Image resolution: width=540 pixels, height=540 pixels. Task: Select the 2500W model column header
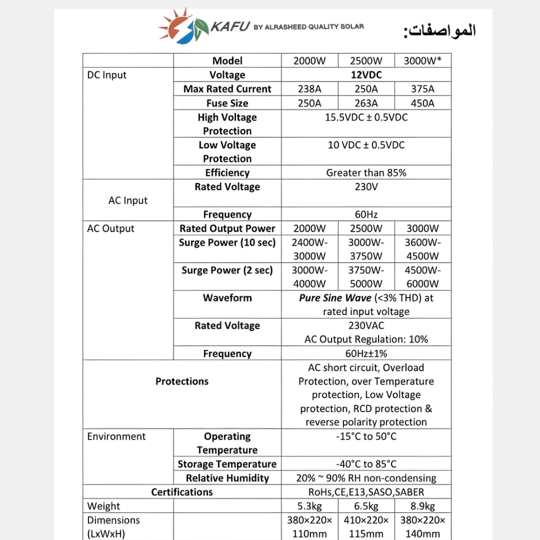pyautogui.click(x=366, y=61)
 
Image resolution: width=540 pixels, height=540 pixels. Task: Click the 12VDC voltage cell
pyautogui.click(x=366, y=75)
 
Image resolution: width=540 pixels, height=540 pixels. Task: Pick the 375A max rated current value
pyautogui.click(x=423, y=89)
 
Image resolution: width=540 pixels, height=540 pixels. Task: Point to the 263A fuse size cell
pyautogui.click(x=366, y=103)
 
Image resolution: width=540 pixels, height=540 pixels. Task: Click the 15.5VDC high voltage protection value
pyautogui.click(x=366, y=118)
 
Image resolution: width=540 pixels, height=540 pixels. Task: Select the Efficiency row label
pyautogui.click(x=227, y=173)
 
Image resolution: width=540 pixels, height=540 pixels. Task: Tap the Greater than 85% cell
pyautogui.click(x=366, y=173)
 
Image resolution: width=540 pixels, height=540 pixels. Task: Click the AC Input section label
pyautogui.click(x=128, y=201)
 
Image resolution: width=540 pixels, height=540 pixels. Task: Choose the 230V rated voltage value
pyautogui.click(x=366, y=187)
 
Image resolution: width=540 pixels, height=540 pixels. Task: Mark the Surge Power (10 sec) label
pyautogui.click(x=227, y=243)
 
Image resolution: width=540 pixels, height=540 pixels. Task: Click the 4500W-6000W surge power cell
pyautogui.click(x=423, y=277)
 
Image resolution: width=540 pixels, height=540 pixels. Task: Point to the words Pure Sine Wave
pyautogui.click(x=335, y=298)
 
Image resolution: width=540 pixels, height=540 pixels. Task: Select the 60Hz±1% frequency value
pyautogui.click(x=366, y=354)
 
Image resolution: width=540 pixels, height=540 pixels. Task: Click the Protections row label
pyautogui.click(x=182, y=382)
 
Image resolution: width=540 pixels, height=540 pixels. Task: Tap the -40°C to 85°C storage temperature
pyautogui.click(x=366, y=464)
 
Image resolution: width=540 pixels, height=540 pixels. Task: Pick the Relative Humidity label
pyautogui.click(x=227, y=478)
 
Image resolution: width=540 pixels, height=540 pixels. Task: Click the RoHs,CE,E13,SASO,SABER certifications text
pyautogui.click(x=366, y=492)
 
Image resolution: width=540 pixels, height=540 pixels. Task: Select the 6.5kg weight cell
pyautogui.click(x=366, y=507)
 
